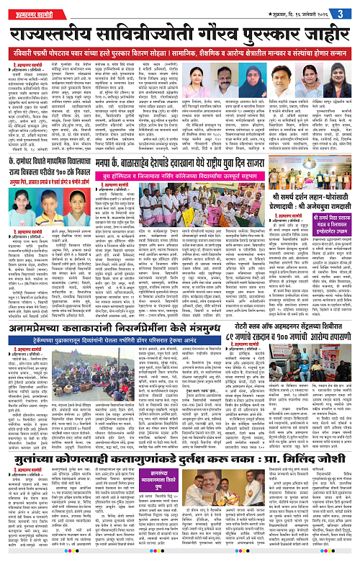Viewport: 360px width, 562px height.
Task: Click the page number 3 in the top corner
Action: [351, 9]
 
